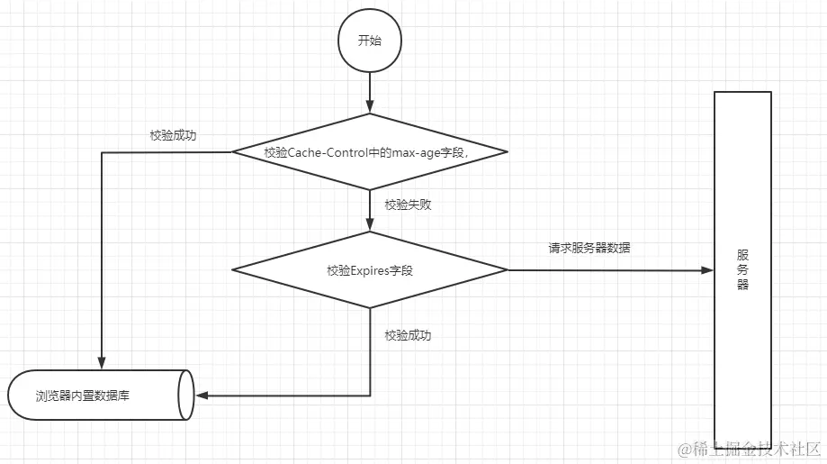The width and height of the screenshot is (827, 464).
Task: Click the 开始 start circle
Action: point(369,41)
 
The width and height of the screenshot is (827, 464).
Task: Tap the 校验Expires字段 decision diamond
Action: point(370,269)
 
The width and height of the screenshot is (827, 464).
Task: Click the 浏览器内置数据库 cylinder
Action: point(99,395)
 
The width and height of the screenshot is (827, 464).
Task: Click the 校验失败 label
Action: point(408,205)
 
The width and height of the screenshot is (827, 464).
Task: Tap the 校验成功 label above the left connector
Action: point(173,136)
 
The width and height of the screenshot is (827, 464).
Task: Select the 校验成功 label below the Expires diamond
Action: point(408,335)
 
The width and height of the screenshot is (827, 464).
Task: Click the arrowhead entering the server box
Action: point(707,269)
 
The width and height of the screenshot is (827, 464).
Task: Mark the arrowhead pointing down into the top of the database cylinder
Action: point(102,363)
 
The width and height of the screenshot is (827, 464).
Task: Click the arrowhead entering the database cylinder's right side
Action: point(202,395)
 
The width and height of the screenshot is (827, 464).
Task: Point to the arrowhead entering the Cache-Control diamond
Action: point(370,107)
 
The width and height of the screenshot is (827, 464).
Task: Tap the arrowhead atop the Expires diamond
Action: point(370,225)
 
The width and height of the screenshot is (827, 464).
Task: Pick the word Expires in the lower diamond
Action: point(369,270)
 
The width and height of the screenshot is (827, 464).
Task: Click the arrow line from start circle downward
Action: point(370,88)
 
